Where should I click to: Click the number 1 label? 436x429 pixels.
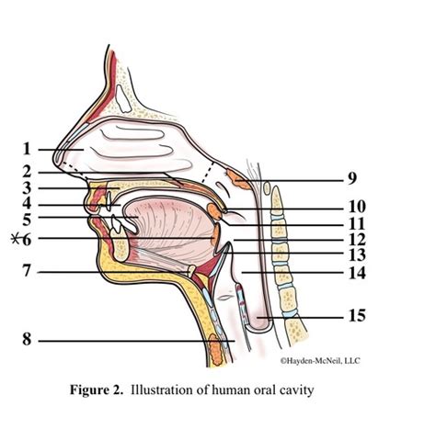click(27, 149)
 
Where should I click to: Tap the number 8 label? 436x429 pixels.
click(27, 340)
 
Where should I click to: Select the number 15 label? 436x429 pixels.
click(357, 315)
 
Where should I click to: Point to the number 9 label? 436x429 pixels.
click(352, 178)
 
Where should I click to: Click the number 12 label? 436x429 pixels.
click(357, 240)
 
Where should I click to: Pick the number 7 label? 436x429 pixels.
click(27, 270)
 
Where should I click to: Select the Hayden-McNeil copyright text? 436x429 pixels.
click(320, 361)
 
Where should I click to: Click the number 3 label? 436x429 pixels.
click(27, 188)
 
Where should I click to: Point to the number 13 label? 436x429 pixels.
click(357, 254)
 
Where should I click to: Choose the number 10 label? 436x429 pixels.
click(357, 207)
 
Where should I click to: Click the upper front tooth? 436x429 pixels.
click(109, 201)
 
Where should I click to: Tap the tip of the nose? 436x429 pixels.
click(56, 159)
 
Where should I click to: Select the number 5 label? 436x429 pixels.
click(27, 220)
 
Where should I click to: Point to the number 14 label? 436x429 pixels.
click(357, 273)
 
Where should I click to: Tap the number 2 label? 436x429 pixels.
click(27, 172)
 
